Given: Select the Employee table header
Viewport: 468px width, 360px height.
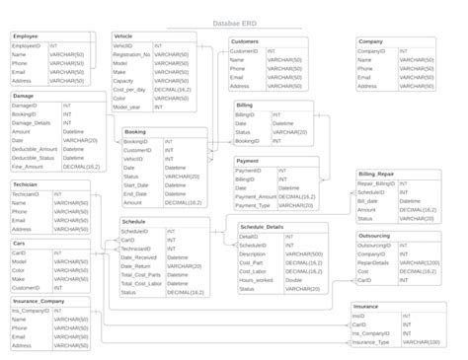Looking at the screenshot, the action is coord(26,36).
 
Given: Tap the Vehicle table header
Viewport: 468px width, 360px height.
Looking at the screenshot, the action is coord(124,36).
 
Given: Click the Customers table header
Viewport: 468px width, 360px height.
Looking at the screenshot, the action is coord(244,40).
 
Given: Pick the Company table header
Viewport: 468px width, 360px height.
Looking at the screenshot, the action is coord(371,40).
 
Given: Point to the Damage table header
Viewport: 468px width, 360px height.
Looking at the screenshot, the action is coord(24,96).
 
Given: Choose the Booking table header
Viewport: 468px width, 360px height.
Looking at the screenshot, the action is coord(136,131).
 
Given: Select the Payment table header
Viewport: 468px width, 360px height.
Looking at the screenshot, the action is coord(247,160).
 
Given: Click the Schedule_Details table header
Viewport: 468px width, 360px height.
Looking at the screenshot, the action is coord(262,227).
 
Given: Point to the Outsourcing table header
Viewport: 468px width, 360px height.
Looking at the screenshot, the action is coord(374,236).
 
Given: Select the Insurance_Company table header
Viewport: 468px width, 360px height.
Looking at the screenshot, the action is coord(39,301).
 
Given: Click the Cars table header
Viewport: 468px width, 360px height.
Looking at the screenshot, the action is coord(19,243).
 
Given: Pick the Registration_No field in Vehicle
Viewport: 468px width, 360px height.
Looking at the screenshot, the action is coord(132,54).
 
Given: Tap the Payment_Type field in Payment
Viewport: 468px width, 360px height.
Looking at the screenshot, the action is coord(253,205).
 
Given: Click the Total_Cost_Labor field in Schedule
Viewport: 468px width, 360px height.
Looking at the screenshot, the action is coord(142,283).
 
